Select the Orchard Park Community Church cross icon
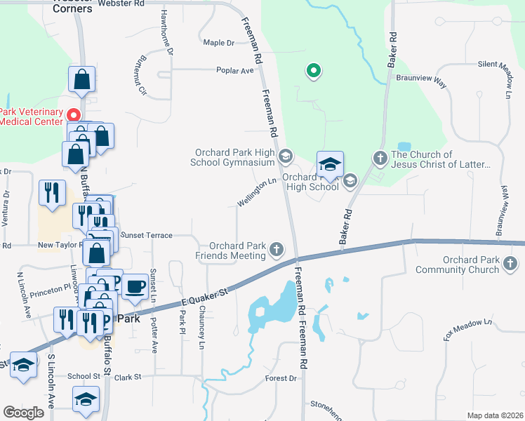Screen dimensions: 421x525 tap(510, 264)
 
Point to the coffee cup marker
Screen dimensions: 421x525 tap(135, 286)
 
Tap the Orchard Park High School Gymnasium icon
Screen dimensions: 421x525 tap(285, 156)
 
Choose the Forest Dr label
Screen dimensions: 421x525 tap(281, 378)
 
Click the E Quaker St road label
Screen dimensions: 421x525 tap(206, 293)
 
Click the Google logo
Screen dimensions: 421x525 tap(24, 413)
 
